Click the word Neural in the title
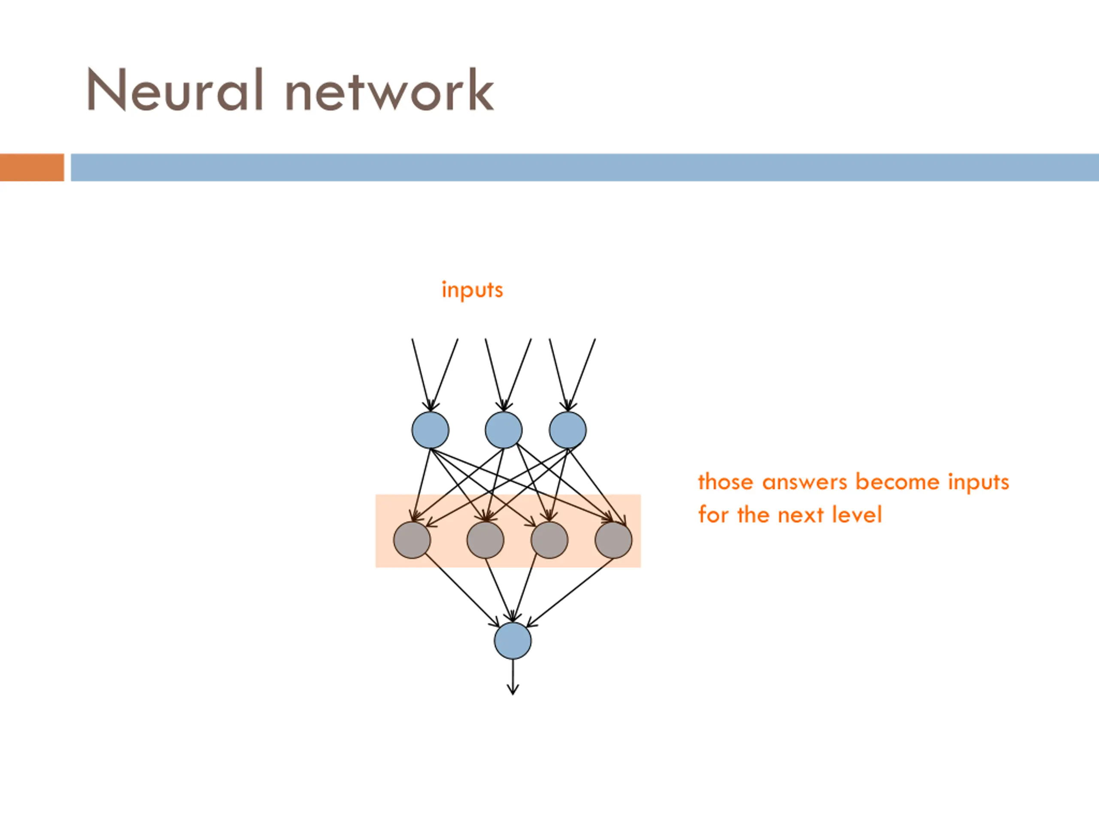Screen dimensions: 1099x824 [175, 89]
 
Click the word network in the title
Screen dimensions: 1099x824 [390, 89]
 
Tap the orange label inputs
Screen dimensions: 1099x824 [472, 290]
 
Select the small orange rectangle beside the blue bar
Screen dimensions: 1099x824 [32, 167]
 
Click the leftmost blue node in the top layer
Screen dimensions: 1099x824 [430, 430]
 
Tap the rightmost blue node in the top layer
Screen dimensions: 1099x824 [568, 430]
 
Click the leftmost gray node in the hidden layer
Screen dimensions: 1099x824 [412, 540]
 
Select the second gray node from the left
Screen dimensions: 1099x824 [486, 540]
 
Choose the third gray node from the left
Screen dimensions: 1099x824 [549, 540]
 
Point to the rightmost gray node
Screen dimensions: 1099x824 [613, 540]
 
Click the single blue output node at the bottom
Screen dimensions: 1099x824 [513, 641]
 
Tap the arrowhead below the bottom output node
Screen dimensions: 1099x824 [513, 690]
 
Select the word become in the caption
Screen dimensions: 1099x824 [897, 482]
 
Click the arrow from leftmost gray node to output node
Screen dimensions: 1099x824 [462, 590]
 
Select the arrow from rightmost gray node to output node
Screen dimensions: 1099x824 [569, 593]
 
